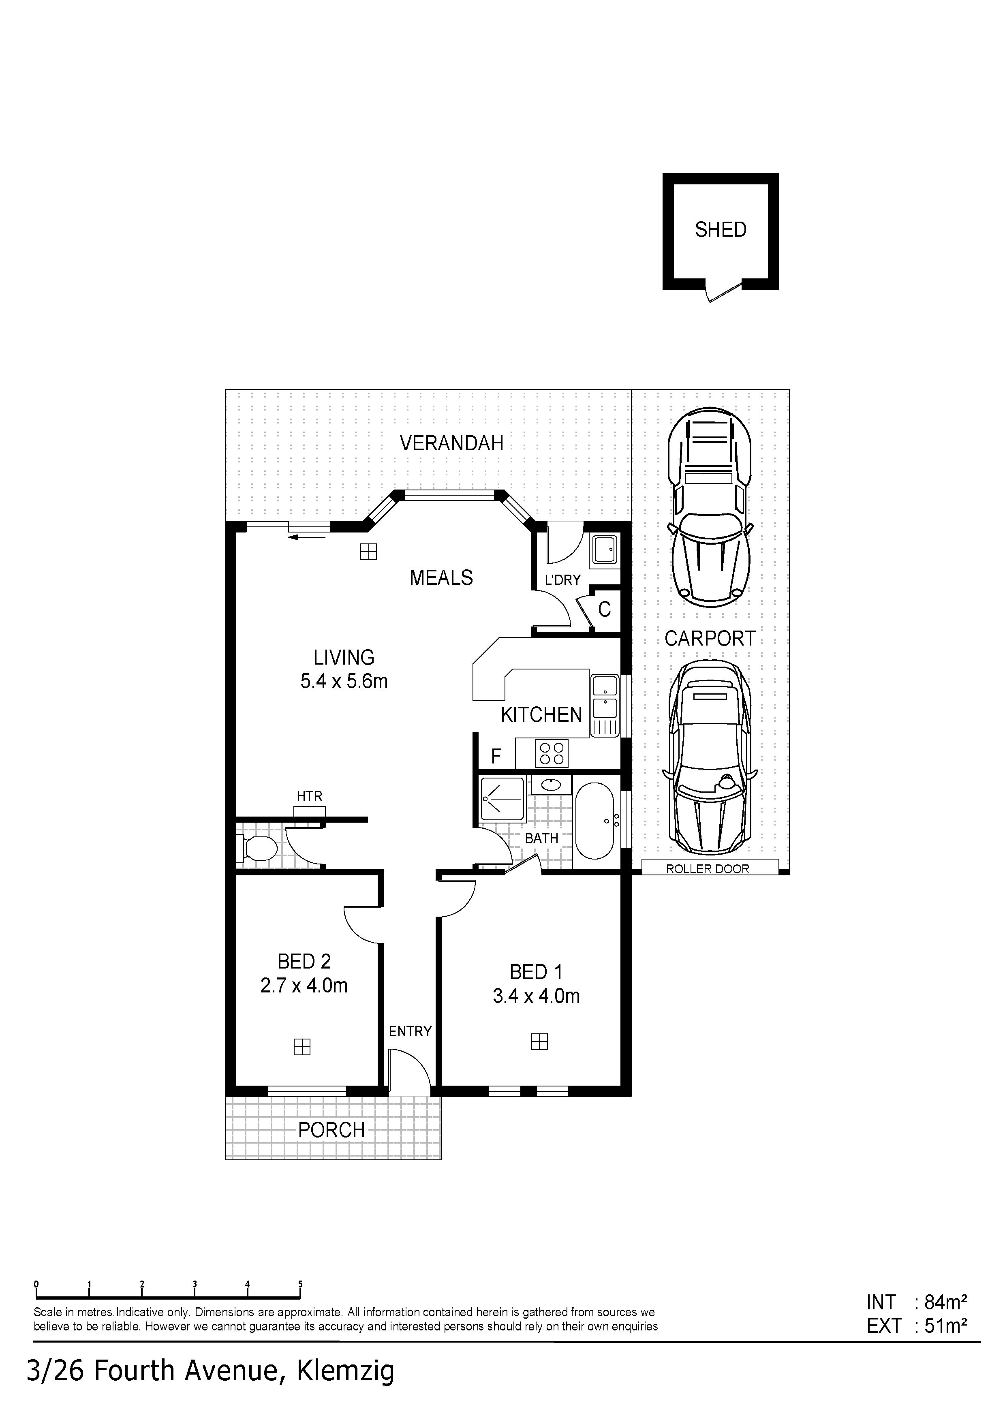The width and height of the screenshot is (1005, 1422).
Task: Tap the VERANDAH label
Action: [451, 443]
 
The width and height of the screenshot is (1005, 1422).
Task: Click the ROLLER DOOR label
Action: [708, 869]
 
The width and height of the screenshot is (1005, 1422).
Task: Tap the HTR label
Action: [310, 796]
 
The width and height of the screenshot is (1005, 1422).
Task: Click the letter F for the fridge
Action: [496, 756]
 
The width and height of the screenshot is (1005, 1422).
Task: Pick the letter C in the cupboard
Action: [604, 609]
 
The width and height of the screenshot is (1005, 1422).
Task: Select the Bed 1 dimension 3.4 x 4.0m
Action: [536, 996]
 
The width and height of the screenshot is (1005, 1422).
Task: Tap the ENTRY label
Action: [410, 1031]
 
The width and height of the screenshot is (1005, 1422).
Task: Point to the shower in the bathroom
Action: [502, 799]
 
